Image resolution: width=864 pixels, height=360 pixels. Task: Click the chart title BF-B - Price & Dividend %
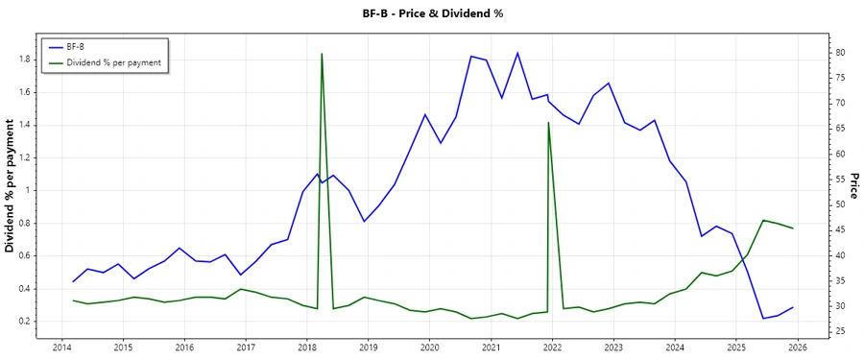coord(431,13)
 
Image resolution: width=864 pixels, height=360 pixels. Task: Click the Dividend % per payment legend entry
coord(112,62)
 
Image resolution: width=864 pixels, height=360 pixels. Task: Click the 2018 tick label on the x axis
coord(306,347)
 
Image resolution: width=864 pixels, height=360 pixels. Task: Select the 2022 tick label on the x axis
coord(552,347)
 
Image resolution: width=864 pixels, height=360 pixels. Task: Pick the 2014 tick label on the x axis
coord(61,347)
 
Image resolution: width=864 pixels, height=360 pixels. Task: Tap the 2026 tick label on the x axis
coord(798,347)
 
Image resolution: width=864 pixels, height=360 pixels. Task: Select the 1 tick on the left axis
coord(30,190)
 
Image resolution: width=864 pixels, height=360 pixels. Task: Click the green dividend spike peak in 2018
coord(322,54)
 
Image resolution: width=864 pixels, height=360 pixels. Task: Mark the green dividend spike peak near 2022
coord(548,122)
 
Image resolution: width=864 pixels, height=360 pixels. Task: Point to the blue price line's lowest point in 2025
coord(763,318)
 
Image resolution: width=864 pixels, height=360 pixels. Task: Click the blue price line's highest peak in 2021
coord(517,53)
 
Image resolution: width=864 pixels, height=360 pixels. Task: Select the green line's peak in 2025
coord(763,220)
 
